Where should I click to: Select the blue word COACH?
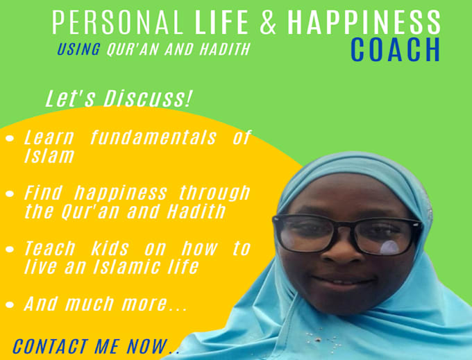click(395, 50)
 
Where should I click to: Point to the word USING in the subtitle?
click(78, 50)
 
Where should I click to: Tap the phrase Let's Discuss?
click(118, 99)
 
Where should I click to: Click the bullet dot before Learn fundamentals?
click(10, 139)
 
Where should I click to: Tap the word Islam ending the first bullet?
click(49, 156)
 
